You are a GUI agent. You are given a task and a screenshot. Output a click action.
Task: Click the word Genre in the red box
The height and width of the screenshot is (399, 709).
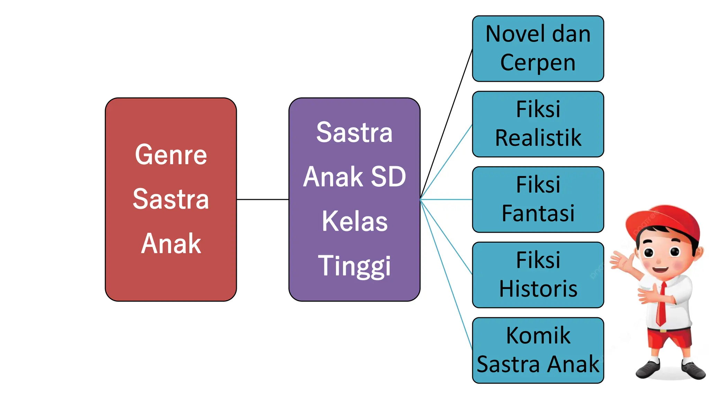point(171,155)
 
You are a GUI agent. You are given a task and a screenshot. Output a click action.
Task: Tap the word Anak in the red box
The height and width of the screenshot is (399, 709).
point(171,243)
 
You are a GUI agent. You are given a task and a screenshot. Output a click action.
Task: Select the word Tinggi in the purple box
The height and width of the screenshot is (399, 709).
point(354,266)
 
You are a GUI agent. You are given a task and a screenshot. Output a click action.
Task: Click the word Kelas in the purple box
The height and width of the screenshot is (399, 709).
point(354,221)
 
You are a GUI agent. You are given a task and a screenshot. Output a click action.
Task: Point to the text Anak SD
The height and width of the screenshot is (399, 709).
point(354,177)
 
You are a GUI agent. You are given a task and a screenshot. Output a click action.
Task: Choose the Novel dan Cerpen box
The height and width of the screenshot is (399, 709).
point(538,48)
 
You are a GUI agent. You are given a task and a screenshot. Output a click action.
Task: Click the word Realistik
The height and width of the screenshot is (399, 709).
point(538,138)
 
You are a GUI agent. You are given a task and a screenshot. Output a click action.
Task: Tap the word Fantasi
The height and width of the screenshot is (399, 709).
point(538,213)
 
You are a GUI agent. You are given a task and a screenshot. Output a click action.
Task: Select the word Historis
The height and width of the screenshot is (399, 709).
point(538,289)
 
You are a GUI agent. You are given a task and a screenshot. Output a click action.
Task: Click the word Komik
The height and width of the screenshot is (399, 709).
point(538,335)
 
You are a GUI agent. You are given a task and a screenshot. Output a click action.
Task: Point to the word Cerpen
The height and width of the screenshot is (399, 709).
point(538,63)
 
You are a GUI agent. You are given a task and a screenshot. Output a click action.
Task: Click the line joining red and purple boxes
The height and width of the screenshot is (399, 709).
point(262,199)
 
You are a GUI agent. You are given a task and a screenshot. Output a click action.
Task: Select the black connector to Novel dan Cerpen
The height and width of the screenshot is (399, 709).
point(447,125)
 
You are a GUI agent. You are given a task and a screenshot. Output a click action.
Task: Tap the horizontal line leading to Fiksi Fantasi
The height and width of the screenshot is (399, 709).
point(447,199)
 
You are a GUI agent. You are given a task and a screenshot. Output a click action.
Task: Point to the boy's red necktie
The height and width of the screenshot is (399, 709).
point(662,305)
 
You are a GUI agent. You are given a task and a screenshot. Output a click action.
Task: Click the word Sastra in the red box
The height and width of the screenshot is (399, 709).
point(171,199)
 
